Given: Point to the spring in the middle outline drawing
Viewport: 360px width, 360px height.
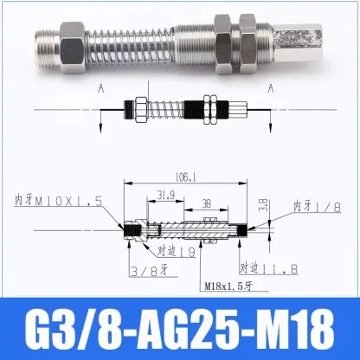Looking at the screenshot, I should coord(169,112).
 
